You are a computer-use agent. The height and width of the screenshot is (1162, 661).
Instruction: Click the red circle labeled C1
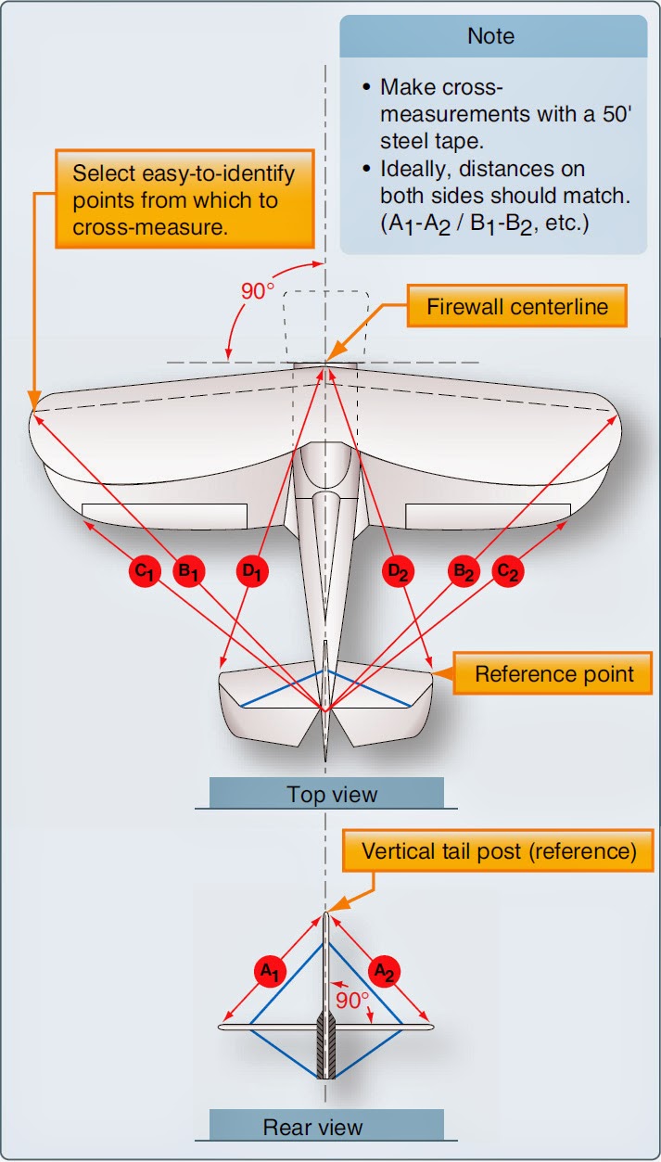coord(145,571)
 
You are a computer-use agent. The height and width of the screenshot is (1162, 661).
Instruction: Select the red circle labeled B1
coord(188,571)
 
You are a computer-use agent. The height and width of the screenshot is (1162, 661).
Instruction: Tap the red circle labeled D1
coord(250,571)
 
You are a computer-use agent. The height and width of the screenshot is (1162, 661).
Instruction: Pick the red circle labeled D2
coord(399,571)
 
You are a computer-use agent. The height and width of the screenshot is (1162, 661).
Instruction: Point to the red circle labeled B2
coord(463,571)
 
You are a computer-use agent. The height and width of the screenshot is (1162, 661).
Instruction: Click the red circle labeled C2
coord(507,571)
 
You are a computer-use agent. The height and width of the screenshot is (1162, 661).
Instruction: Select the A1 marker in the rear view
coord(269,970)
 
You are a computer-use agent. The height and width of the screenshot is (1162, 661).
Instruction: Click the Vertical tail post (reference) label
coord(499,851)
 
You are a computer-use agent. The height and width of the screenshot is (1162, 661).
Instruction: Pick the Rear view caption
coord(326,1127)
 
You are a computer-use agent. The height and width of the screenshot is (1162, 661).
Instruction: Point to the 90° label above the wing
coord(258,290)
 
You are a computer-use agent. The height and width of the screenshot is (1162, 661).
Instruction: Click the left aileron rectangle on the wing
coord(164,517)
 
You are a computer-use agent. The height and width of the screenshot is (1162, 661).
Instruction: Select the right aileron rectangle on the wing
coord(488,517)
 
